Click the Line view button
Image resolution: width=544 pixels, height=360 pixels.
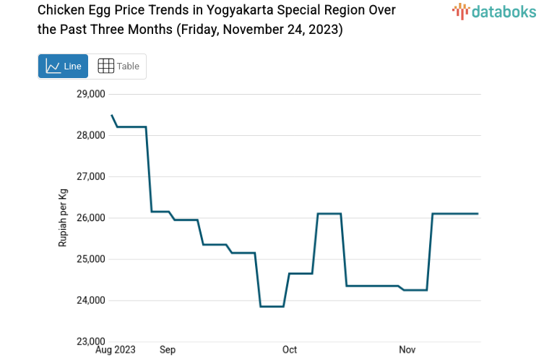pos(63,67)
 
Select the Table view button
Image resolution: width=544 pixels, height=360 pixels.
pos(118,67)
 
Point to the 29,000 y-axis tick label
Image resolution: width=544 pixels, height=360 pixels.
pos(91,94)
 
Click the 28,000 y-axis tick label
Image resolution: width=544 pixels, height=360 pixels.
pos(91,135)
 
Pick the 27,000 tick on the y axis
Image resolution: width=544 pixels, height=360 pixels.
pos(91,176)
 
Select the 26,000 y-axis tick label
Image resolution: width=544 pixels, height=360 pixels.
pos(91,218)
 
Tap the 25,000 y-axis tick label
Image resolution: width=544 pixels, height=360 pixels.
pos(91,259)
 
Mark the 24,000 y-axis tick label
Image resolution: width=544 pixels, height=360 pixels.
pos(91,300)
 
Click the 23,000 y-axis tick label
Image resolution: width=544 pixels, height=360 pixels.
pos(91,341)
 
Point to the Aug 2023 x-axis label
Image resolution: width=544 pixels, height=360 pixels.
pos(116,351)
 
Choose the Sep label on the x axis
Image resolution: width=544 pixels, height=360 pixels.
pos(168,351)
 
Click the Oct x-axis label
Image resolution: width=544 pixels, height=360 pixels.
pos(289,351)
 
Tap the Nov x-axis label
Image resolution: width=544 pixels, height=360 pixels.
pos(407,351)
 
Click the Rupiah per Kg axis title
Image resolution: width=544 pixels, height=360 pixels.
pos(63,218)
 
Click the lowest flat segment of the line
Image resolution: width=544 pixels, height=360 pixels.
pos(272,307)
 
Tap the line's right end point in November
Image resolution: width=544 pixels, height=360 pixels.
pos(478,213)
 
